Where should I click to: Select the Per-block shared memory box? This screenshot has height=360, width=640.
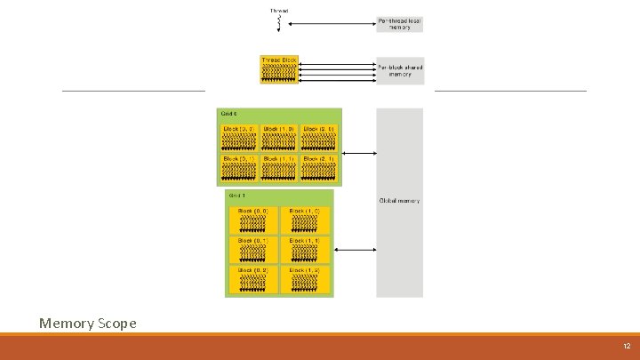coord(399,70)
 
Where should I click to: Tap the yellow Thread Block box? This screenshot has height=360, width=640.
coord(279,70)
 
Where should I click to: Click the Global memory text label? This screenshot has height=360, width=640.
coord(399,201)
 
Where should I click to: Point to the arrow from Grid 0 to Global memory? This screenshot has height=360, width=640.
coord(358,153)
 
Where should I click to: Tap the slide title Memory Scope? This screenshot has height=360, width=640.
coord(88,323)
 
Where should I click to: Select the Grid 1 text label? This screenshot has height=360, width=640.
coord(237,195)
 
